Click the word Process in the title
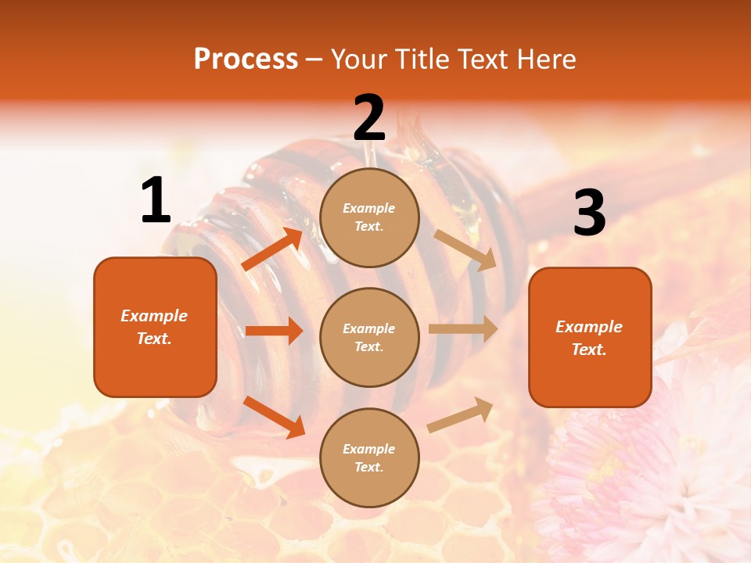[246, 59]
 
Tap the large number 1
[156, 201]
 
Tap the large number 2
[369, 118]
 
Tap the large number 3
[589, 213]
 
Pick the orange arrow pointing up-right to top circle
[273, 249]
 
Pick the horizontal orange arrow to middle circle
[274, 331]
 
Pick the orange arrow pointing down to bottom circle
[274, 417]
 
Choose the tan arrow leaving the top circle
[465, 250]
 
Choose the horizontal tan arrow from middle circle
[462, 328]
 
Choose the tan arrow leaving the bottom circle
[461, 414]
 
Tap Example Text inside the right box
[589, 338]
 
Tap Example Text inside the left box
[154, 327]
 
